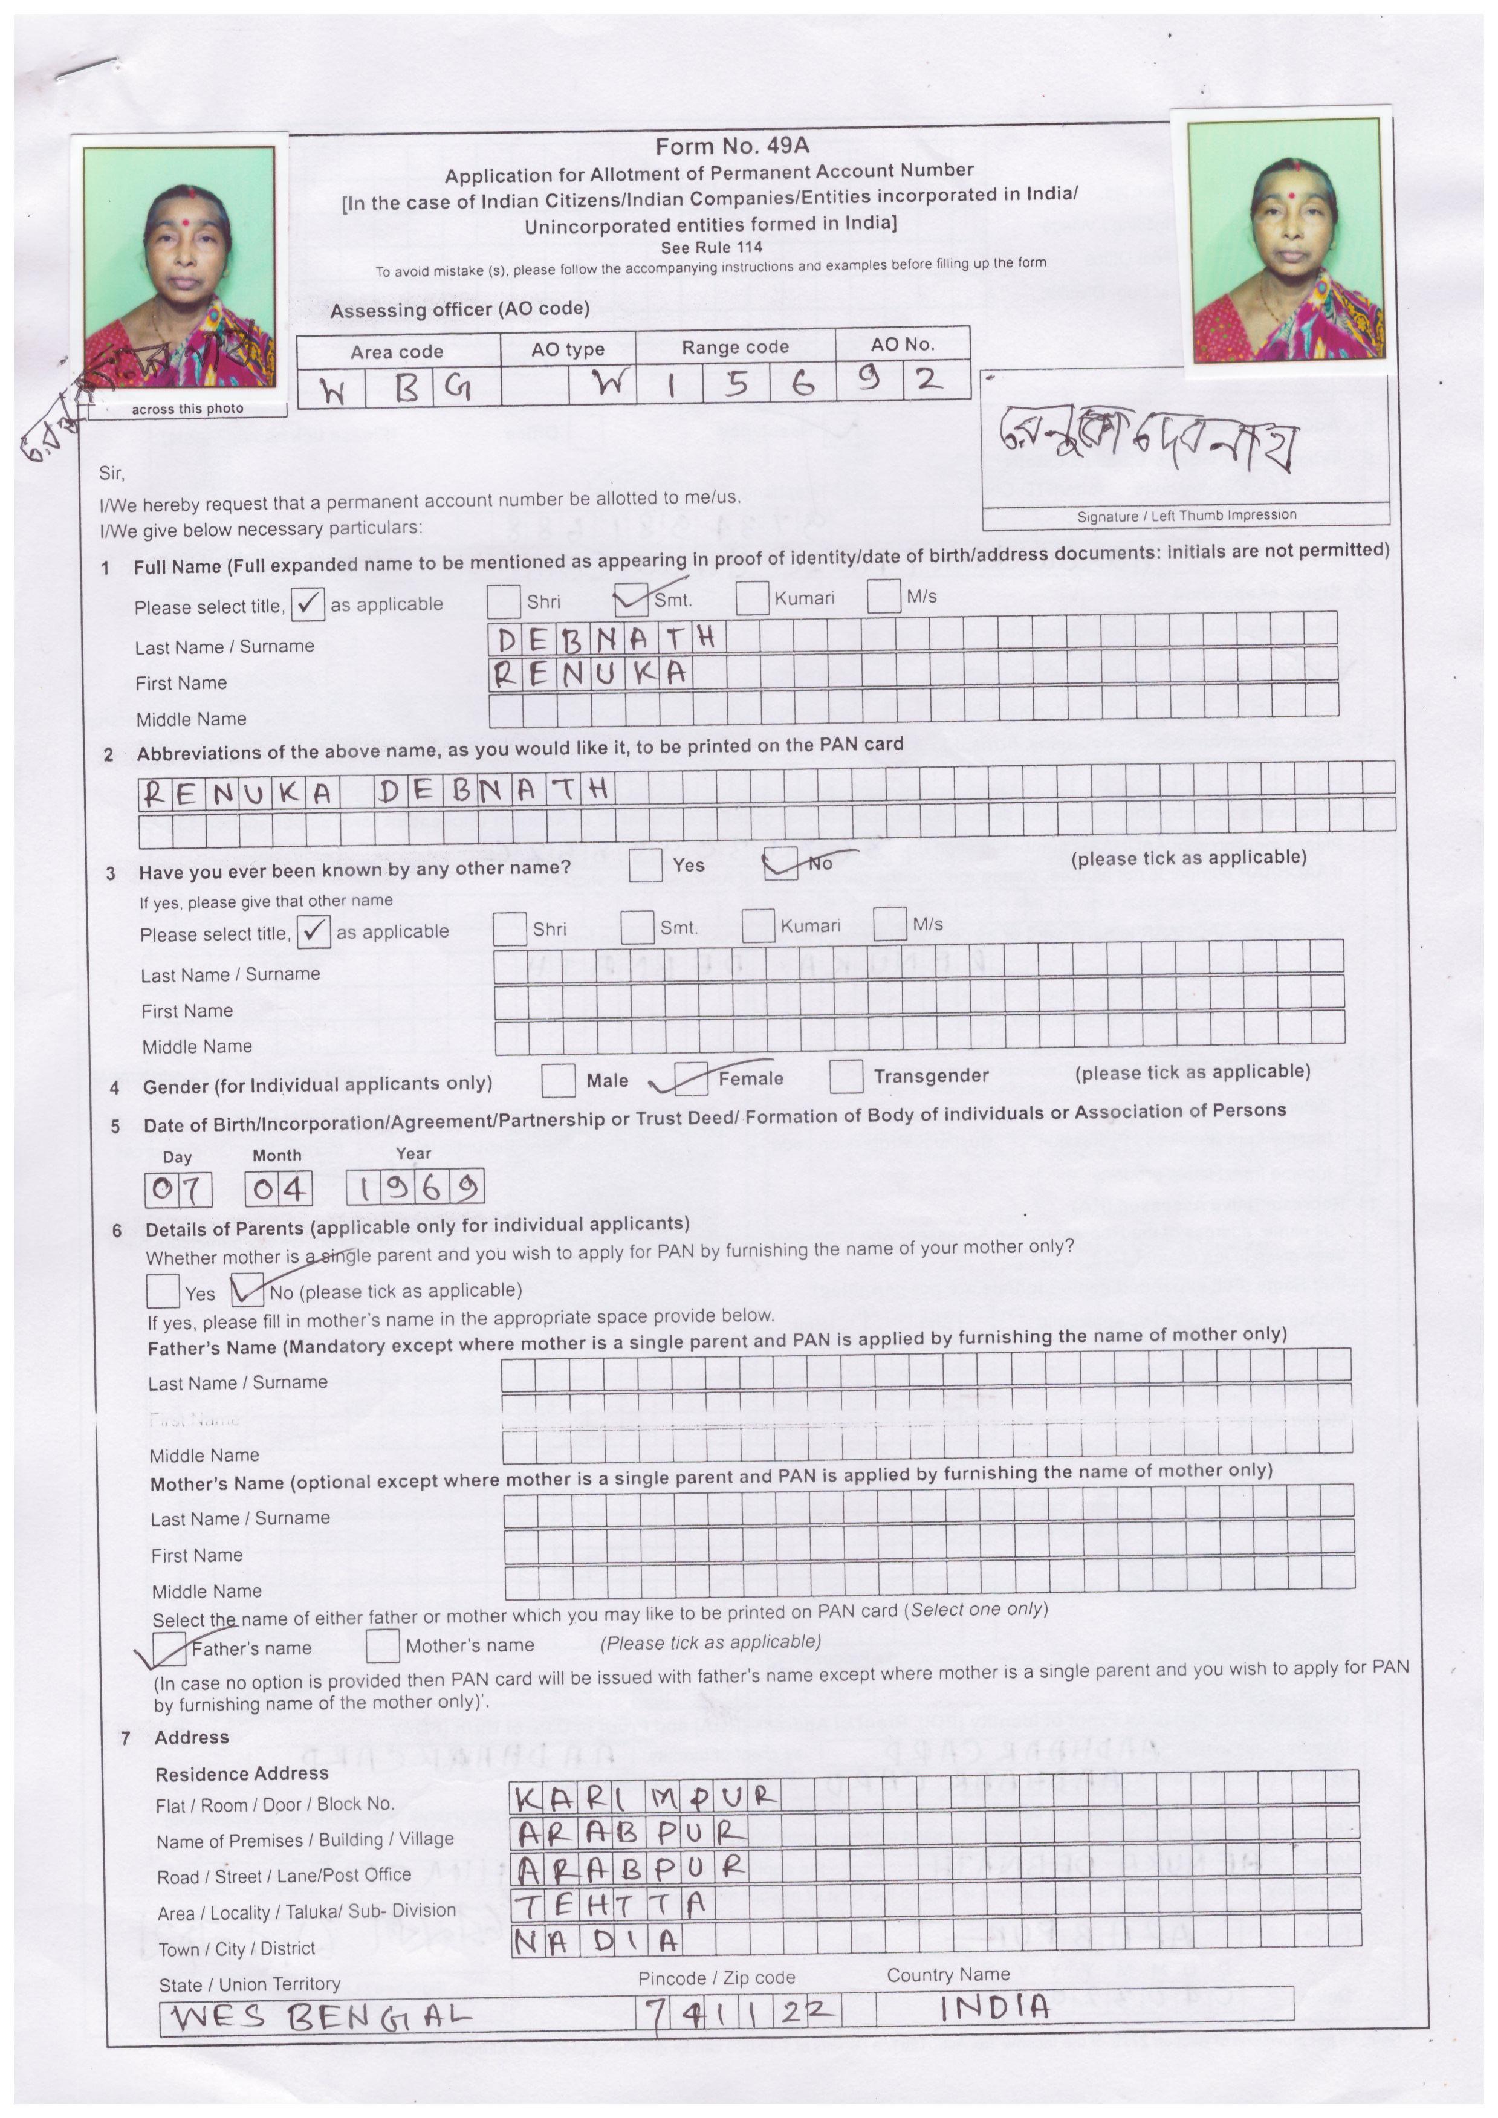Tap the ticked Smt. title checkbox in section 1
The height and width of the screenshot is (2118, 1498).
(632, 600)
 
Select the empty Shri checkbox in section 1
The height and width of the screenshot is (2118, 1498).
(504, 601)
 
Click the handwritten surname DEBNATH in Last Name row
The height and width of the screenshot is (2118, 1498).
(606, 638)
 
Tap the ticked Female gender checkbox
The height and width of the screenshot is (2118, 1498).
(691, 1078)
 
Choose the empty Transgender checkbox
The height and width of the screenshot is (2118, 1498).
(846, 1075)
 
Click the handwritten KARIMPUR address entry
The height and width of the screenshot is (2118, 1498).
(646, 1795)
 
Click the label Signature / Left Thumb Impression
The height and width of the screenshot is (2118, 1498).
(1186, 516)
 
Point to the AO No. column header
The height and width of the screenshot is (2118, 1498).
(902, 344)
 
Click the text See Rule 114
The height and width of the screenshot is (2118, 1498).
(711, 247)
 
